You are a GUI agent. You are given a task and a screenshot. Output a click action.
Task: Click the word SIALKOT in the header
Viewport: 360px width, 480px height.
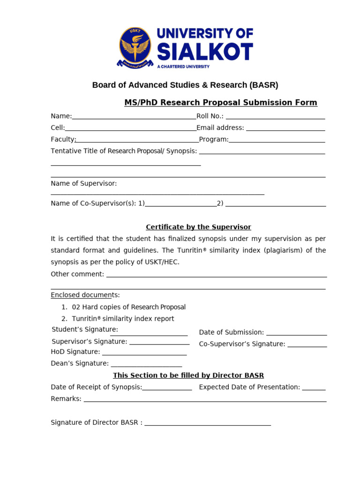205,52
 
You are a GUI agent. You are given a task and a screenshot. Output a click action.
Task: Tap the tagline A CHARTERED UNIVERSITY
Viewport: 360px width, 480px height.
183,67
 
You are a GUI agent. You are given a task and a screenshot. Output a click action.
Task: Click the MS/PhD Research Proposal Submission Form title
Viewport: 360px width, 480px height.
220,103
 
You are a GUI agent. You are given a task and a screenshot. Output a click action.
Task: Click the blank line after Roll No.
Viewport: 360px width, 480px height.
275,117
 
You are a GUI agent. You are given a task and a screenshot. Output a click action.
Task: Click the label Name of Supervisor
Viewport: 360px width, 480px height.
84,183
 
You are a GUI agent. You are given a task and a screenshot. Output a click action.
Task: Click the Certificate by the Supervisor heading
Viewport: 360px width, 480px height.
198,227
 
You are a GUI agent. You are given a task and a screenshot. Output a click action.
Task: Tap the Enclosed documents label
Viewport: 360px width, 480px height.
85,295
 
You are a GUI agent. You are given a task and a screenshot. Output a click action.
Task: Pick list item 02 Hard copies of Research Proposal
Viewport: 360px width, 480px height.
129,307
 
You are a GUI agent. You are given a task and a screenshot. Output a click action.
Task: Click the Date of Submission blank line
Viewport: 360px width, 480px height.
296,334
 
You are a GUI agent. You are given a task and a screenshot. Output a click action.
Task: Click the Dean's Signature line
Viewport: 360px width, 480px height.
146,365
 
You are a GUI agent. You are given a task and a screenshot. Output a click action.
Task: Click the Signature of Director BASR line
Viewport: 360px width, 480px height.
208,424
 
